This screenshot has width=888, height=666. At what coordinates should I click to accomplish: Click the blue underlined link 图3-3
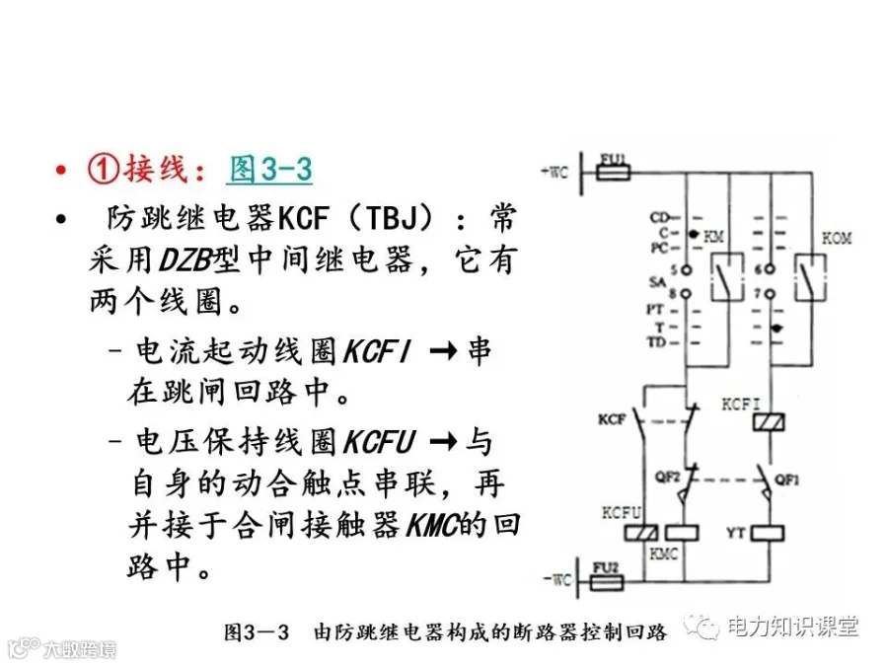270,169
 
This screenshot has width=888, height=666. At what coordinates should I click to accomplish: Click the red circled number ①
103,168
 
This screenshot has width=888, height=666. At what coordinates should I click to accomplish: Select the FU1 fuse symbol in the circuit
614,172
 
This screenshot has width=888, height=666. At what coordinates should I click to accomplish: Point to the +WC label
555,172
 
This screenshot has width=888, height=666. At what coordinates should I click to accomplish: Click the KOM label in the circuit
837,238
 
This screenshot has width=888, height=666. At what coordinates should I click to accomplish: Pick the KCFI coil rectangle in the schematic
769,422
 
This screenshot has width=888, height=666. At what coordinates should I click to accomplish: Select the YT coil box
769,533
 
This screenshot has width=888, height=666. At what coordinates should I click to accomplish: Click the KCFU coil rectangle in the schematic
641,533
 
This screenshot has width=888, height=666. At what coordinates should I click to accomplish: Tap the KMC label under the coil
663,554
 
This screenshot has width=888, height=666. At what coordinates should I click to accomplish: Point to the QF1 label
787,480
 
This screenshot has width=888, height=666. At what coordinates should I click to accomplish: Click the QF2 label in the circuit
667,477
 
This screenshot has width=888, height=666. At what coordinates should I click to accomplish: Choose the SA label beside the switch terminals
657,281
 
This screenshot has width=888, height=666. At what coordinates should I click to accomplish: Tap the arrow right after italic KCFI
443,351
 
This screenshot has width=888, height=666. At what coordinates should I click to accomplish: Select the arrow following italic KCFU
443,442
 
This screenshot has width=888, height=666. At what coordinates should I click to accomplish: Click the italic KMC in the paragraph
431,525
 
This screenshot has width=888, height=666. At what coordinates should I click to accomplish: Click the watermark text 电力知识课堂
793,627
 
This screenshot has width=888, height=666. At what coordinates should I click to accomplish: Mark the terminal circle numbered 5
687,270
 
